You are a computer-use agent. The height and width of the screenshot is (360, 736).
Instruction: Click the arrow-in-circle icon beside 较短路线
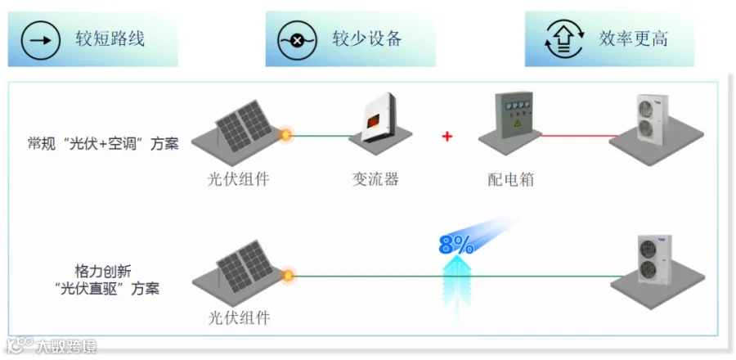[41, 40]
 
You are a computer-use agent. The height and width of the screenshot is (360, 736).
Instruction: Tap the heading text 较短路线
[110, 39]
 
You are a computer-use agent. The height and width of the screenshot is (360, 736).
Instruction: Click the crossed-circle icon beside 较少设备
[297, 40]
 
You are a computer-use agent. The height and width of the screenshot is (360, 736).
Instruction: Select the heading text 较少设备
[367, 39]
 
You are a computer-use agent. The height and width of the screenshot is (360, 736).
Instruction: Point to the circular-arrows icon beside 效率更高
[564, 39]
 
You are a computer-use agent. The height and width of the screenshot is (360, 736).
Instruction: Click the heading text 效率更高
[633, 39]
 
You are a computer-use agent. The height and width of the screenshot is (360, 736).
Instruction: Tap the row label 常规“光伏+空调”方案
[103, 144]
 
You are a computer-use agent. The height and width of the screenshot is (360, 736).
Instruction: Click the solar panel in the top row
[244, 125]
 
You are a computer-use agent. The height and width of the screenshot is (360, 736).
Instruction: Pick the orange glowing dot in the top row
[285, 136]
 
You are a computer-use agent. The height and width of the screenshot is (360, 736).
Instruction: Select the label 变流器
[375, 179]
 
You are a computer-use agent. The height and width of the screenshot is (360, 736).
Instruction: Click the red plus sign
[447, 137]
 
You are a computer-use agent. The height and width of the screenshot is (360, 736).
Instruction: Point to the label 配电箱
[510, 180]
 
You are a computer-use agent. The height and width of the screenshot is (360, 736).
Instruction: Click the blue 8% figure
[456, 245]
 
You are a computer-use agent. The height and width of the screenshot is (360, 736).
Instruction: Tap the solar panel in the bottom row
[245, 266]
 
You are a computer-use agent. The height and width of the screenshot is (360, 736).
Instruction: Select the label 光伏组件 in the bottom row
[239, 319]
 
